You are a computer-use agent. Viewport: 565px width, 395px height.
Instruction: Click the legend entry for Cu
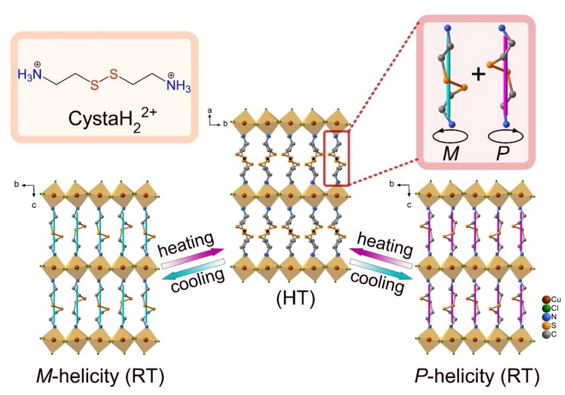click(x=551, y=299)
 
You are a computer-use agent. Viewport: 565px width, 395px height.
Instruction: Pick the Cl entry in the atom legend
click(x=551, y=307)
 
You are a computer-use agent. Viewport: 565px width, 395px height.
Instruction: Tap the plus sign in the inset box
click(x=478, y=75)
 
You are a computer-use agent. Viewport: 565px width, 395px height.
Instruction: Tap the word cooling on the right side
click(x=377, y=281)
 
